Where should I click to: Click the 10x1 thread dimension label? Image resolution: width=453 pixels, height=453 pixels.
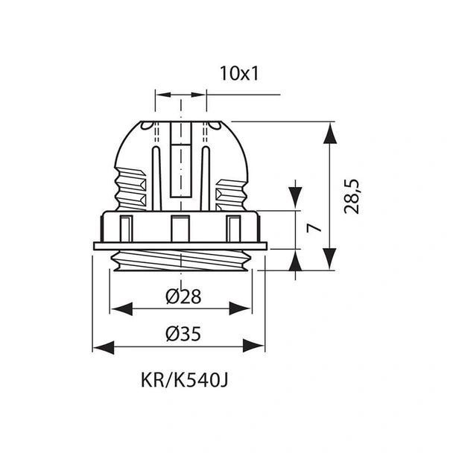click(239, 73)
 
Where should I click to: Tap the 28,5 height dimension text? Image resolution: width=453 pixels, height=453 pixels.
click(352, 197)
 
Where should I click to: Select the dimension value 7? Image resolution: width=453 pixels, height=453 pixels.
click(314, 228)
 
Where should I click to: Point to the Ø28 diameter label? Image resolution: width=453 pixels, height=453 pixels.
click(183, 296)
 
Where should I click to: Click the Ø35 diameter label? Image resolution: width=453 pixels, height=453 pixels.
click(183, 334)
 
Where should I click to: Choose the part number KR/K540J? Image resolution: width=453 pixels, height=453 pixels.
click(185, 380)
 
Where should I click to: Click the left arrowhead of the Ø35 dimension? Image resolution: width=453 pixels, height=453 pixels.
click(104, 347)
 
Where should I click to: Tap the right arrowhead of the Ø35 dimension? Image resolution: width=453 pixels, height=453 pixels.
click(253, 346)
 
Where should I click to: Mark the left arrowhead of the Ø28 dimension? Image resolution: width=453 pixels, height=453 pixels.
click(122, 309)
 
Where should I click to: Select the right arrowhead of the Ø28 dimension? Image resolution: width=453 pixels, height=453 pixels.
click(240, 308)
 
